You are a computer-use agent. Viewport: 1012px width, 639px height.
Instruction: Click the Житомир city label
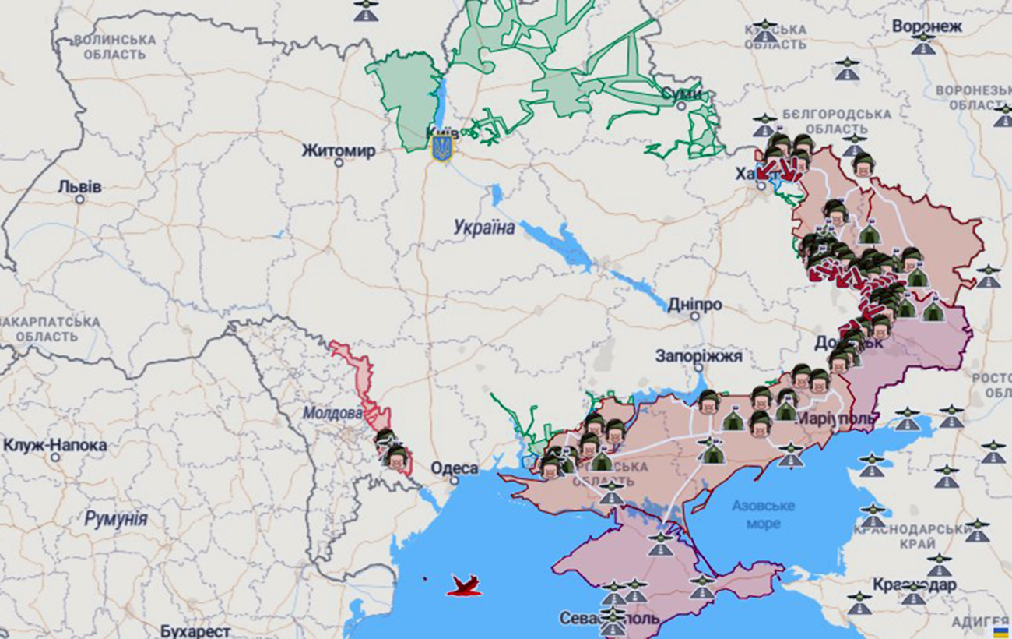tap(339, 150)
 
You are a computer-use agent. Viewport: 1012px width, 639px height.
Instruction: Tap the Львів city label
tap(79, 187)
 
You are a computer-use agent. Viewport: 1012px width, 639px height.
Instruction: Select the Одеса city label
tap(455, 468)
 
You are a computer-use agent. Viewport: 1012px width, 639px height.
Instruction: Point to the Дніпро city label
tap(694, 305)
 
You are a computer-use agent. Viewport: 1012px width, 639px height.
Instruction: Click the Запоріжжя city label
tap(698, 356)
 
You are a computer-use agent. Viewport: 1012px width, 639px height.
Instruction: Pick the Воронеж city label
tap(926, 26)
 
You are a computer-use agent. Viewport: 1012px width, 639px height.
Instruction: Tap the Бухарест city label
tap(195, 630)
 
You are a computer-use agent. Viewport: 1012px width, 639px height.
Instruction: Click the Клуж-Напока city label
tap(55, 446)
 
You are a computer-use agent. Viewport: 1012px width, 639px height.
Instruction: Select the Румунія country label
tap(116, 519)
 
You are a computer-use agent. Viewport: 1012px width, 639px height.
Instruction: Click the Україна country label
tap(484, 228)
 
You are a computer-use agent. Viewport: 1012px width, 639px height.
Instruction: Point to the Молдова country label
tap(332, 413)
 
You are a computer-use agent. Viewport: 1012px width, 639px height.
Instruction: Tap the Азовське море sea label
tap(763, 514)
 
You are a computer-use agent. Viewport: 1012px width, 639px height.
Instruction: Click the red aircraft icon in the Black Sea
tap(464, 586)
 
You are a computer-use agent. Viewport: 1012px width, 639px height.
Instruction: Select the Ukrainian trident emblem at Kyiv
tap(442, 147)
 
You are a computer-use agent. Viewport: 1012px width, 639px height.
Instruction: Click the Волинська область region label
tap(114, 47)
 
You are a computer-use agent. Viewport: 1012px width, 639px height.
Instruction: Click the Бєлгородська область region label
tap(836, 121)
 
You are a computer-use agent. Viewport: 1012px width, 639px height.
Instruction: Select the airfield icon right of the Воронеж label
tap(923, 44)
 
